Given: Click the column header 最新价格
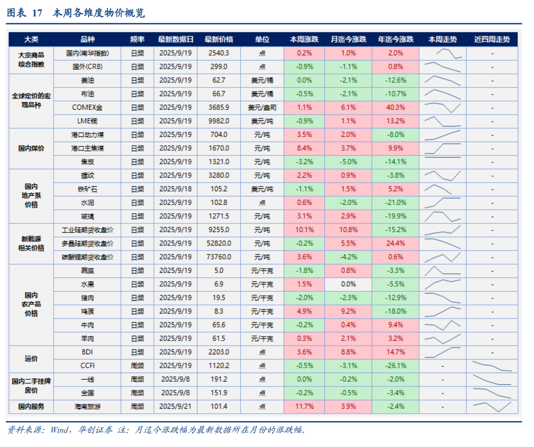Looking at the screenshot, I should [x=219, y=40].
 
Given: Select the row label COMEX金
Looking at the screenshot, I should [x=88, y=107].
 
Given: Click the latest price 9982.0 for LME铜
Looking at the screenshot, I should [x=219, y=121].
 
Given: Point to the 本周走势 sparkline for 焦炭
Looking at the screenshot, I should [x=443, y=161].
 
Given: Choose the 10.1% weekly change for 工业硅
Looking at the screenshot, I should [x=305, y=230].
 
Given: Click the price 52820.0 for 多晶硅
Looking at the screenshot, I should [x=219, y=244].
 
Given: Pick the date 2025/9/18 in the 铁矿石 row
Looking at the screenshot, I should [x=176, y=189].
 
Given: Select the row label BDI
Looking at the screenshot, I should [x=88, y=352].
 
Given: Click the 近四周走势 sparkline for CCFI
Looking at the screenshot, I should [x=492, y=366].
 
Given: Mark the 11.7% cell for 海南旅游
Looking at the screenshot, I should [x=305, y=406].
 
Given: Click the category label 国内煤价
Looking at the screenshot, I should [x=31, y=148].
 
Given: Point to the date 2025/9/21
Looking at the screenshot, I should [x=176, y=406].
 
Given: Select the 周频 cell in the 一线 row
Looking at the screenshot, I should [x=137, y=379].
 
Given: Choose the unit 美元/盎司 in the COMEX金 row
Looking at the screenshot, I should [x=262, y=107].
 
